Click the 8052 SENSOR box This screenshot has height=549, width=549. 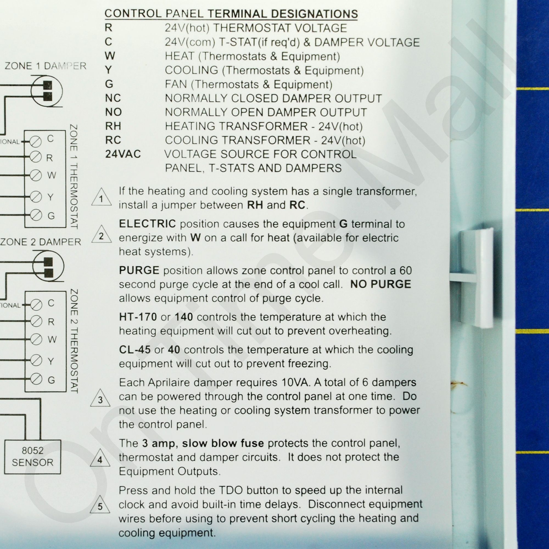point(32,457)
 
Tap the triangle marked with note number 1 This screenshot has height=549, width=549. point(102,197)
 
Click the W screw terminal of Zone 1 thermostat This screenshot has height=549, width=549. point(36,175)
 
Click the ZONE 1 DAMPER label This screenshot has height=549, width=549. point(46,66)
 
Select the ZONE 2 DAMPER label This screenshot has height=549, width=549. point(41,242)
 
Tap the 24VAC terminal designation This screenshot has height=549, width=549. point(123,154)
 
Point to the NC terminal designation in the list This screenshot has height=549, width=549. point(113,98)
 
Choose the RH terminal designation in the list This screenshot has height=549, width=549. point(113,126)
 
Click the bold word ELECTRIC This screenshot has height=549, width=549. point(147,224)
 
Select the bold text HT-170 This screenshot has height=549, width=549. point(138,317)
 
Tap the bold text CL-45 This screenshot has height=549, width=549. point(135,349)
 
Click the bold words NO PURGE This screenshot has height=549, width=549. point(381,284)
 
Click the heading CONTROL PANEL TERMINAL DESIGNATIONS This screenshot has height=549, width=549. point(231,14)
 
